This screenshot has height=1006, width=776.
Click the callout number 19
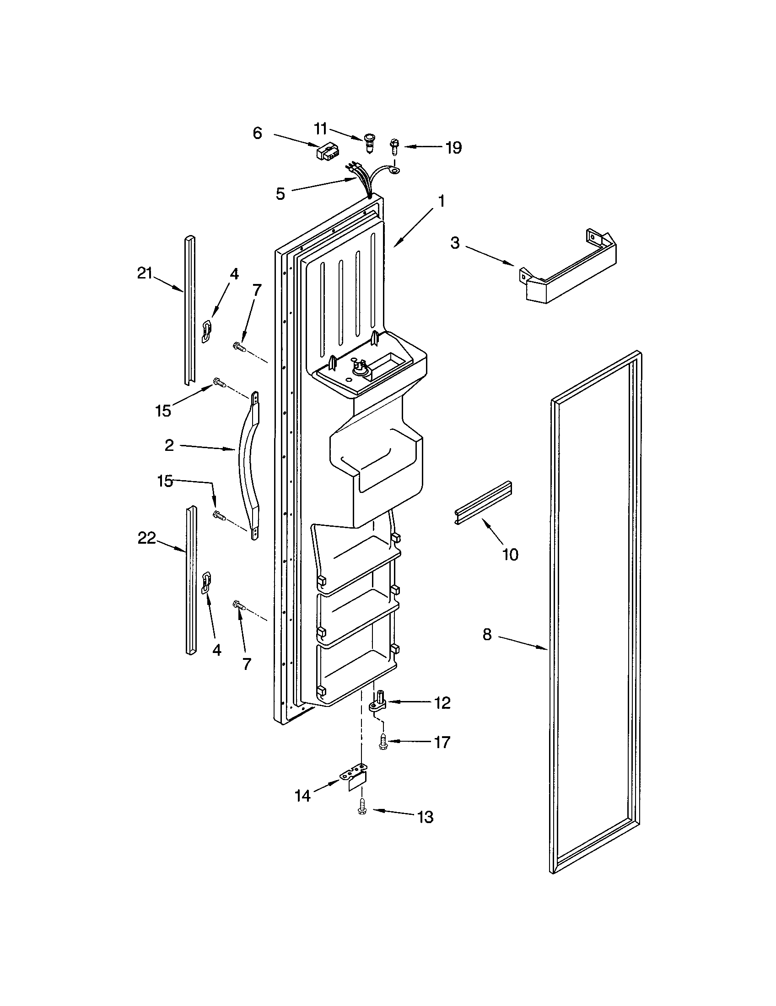click(x=453, y=148)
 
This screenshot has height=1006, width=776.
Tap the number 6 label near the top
click(x=258, y=134)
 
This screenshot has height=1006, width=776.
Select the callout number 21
click(x=144, y=273)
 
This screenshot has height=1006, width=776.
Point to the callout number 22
click(x=147, y=538)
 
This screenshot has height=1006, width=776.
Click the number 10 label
click(x=510, y=555)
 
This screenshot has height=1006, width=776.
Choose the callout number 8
click(x=487, y=635)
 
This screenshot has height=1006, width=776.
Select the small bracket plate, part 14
click(x=356, y=779)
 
